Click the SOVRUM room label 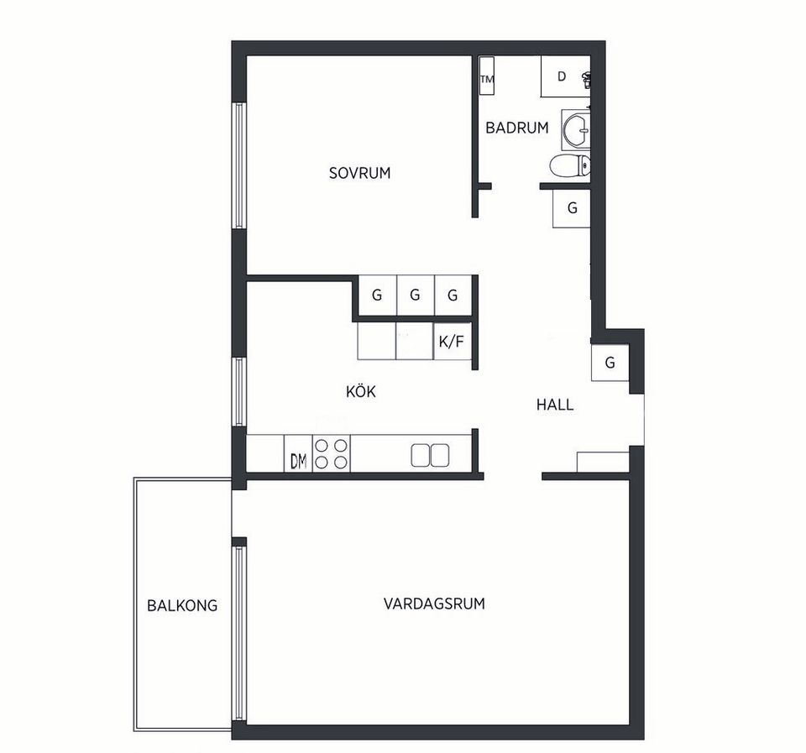[360, 173]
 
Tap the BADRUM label [517, 128]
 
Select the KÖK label [361, 391]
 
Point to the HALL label [555, 405]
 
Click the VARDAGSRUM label [434, 603]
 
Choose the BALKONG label [182, 605]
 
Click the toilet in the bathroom [569, 165]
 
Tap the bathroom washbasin [576, 129]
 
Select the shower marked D [565, 76]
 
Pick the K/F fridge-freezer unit [453, 341]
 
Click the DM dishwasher [298, 453]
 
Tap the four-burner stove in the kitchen [331, 453]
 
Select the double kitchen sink [430, 455]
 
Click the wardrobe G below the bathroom [572, 208]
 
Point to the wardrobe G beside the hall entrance [610, 363]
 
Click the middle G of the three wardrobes [416, 295]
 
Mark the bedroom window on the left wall [239, 165]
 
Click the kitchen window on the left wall [239, 392]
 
